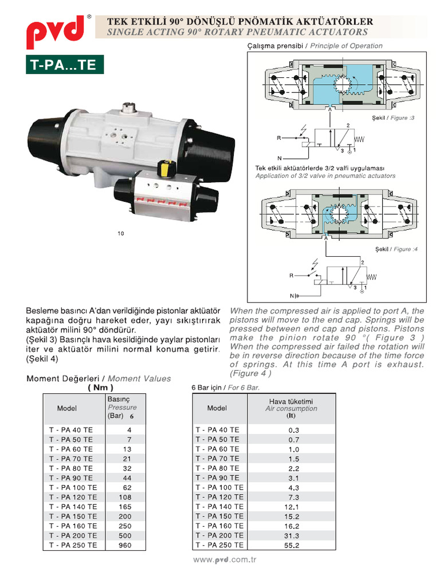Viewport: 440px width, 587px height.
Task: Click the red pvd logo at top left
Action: tap(55, 34)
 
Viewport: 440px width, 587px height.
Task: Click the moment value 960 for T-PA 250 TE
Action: tap(125, 545)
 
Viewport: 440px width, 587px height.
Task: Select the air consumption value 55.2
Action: tap(292, 545)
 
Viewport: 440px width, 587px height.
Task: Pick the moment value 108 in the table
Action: tap(125, 497)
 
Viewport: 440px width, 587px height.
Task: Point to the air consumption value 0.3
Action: tap(293, 429)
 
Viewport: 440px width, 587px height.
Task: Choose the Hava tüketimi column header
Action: tap(291, 408)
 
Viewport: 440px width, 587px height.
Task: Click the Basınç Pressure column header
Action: tap(121, 408)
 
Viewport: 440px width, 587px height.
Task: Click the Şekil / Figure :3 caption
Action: tap(392, 118)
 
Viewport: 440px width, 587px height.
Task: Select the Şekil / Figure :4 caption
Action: tap(392, 249)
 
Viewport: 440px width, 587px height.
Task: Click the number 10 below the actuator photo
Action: tap(120, 233)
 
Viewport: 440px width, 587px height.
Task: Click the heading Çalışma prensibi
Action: tap(277, 46)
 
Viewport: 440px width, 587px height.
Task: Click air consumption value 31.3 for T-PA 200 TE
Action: tap(292, 535)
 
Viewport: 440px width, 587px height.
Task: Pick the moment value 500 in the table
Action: tap(125, 535)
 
